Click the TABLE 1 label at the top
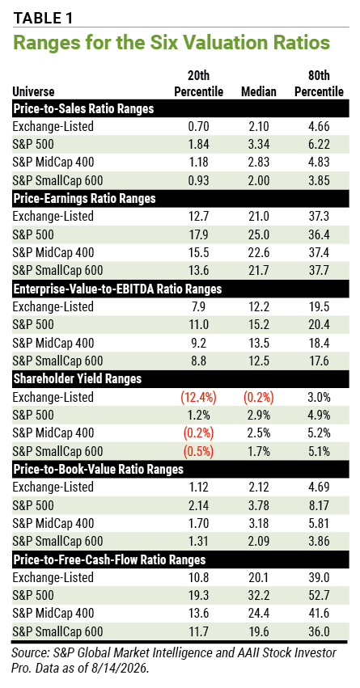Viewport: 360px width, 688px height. point(43,18)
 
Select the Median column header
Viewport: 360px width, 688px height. point(259,91)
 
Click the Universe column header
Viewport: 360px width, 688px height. point(33,91)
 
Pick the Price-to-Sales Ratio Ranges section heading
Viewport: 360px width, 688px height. point(83,108)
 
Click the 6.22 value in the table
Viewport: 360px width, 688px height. point(319,144)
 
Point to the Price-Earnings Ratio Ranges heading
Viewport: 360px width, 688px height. point(84,198)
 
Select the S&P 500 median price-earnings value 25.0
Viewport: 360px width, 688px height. point(259,234)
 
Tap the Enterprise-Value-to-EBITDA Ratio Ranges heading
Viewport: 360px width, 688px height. point(117,289)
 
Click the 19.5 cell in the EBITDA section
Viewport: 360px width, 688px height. point(319,306)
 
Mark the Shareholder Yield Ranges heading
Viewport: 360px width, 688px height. point(78,379)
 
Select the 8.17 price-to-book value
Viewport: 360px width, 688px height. point(319,505)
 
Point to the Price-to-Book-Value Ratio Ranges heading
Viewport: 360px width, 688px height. point(98,470)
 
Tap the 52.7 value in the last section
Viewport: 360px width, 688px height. point(319,595)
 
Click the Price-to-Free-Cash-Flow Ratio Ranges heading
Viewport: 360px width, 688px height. point(109,560)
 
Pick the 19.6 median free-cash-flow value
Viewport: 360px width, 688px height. point(259,632)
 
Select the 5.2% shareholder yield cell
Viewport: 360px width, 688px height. point(319,433)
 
